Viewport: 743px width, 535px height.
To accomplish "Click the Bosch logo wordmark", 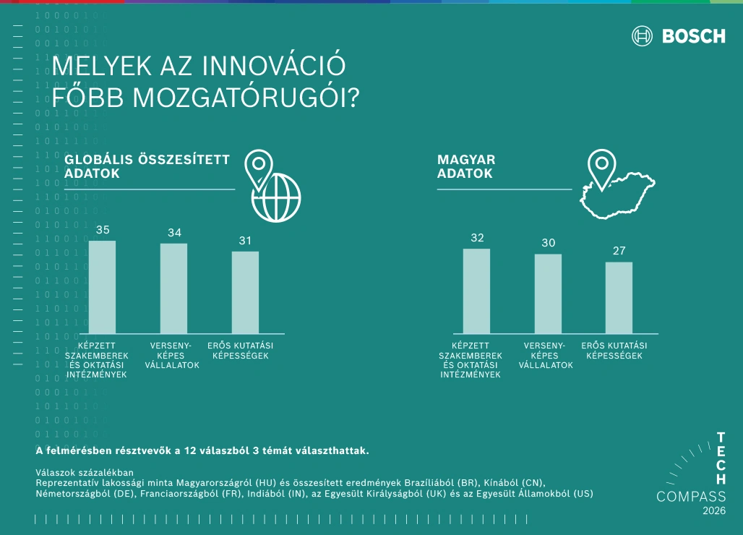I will coord(694,36).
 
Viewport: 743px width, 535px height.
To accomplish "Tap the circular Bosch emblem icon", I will coord(643,36).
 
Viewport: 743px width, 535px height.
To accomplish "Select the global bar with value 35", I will coord(102,287).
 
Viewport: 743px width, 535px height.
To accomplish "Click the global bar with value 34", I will coord(173,288).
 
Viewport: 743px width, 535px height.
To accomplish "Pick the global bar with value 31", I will coord(245,292).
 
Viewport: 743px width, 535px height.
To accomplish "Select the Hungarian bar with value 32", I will coord(476,291).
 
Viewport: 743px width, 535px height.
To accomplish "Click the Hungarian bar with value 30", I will coord(548,294).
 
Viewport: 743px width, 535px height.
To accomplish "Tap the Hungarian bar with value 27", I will coord(619,297).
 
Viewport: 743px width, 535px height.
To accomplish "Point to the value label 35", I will coord(103,230).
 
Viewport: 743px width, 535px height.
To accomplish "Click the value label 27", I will coord(619,251).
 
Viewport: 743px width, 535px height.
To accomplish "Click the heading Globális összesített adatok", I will coord(147,166).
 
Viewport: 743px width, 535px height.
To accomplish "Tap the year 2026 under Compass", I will coord(714,511).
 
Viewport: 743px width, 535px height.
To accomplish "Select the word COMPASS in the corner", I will coord(691,497).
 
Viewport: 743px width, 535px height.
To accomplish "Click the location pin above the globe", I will coord(257,168).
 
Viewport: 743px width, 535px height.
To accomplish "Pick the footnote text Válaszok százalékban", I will coord(84,473).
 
